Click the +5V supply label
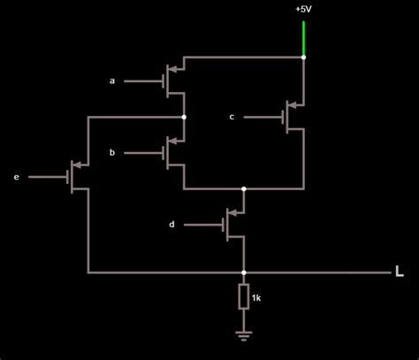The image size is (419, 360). (304, 9)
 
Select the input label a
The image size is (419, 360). (112, 80)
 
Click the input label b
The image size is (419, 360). (112, 153)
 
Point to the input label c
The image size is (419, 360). (232, 116)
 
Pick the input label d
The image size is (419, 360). (171, 225)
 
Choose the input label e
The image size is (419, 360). (16, 178)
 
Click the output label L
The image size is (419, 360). (400, 272)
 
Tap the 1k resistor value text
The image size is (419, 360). (256, 298)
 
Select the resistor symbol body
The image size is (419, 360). (244, 297)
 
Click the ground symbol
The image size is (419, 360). (244, 334)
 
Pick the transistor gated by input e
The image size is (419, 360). (76, 177)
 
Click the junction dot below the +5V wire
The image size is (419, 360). (303, 57)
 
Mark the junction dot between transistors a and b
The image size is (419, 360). (184, 116)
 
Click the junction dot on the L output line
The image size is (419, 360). (244, 272)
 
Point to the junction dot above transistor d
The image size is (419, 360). (244, 189)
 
